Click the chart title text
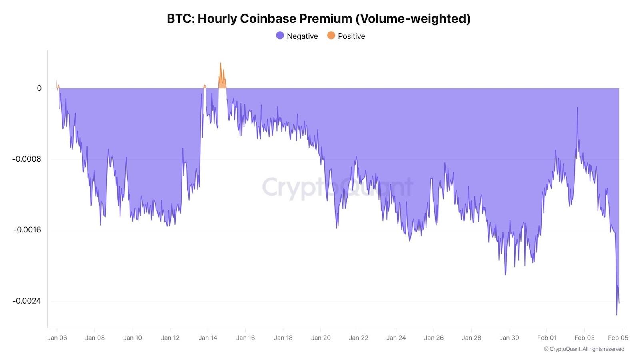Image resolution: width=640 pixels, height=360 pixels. [318, 19]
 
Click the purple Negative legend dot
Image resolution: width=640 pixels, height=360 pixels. [280, 36]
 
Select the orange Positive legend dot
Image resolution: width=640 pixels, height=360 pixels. [331, 36]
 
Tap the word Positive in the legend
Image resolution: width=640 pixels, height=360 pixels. [351, 36]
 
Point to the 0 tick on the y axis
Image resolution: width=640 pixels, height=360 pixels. [39, 88]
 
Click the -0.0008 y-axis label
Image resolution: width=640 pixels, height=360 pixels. [26, 159]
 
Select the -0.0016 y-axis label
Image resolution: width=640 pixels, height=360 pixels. [27, 230]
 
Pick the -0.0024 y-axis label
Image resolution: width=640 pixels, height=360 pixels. [26, 301]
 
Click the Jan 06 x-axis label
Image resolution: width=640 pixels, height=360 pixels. [57, 338]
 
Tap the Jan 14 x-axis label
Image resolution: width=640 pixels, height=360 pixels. [208, 338]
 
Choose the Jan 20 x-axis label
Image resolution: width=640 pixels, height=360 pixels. [321, 338]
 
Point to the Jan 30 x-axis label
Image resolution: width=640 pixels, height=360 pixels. [509, 338]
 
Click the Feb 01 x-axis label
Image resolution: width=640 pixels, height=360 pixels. [547, 338]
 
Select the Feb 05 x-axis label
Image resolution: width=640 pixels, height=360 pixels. [618, 338]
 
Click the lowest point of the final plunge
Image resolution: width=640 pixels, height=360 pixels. [616, 314]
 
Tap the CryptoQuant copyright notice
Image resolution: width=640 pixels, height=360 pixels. [584, 349]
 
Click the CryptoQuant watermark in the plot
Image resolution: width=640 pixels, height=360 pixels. [337, 187]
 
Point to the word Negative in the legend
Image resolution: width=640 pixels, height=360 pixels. [302, 36]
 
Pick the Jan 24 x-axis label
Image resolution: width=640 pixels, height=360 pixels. [396, 338]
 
